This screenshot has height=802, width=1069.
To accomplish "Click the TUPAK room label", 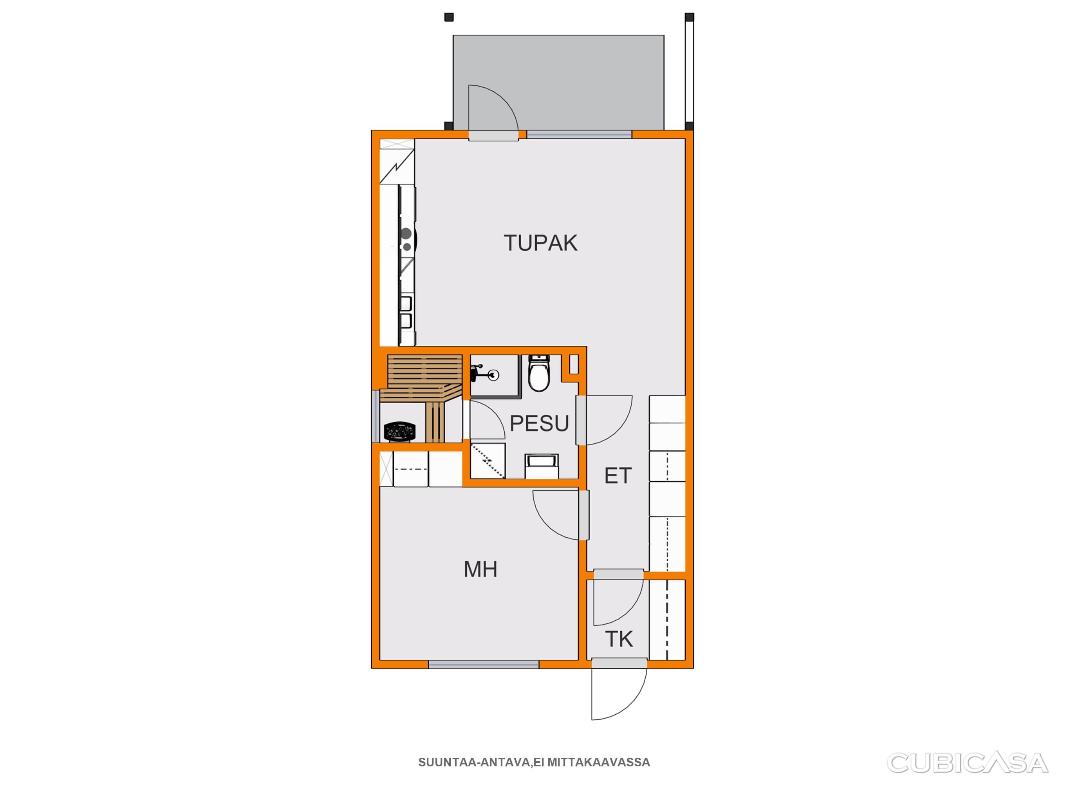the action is coord(540,243).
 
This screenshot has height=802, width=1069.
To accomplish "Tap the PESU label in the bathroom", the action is coord(539,423).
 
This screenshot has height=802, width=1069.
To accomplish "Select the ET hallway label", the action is coord(618,476).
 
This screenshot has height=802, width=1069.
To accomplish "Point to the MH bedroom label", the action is coord(480,569).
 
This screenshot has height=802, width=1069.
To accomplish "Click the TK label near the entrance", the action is coord(619,639).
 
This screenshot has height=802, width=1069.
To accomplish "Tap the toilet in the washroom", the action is coord(539,373).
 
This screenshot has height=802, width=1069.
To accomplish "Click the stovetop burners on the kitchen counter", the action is coord(407,240).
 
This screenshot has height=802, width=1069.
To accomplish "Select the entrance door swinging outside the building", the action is coord(619,694).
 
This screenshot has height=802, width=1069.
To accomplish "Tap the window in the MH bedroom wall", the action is coord(483,665).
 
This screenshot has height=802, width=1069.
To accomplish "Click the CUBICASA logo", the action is coord(967,763).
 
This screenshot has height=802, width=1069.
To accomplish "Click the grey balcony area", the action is coord(558,83).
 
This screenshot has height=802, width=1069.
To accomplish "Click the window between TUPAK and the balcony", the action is coord(579,134).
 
